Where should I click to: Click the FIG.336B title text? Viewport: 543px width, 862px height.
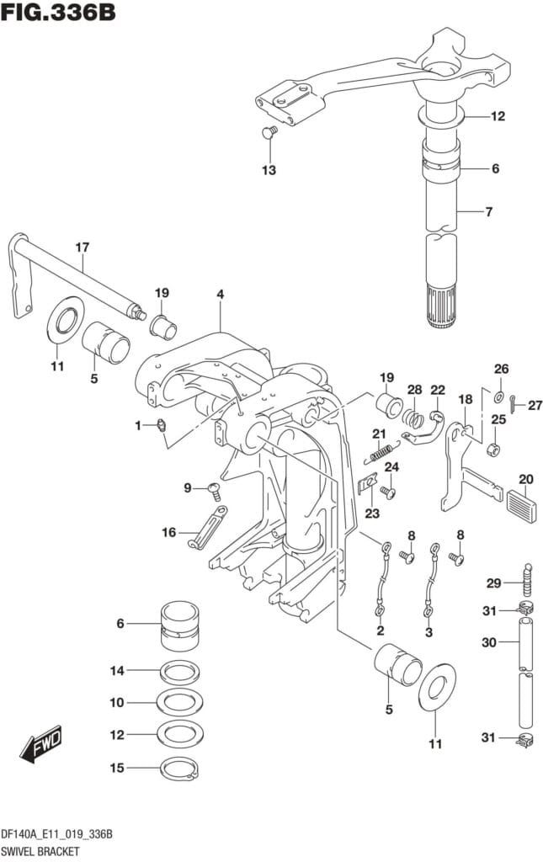coord(59,13)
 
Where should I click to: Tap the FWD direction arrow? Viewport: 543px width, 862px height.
coord(41,743)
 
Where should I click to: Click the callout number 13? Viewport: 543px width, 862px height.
coord(269,170)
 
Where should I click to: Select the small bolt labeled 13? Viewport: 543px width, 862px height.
coord(269,131)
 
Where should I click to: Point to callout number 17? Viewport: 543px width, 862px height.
coord(82,247)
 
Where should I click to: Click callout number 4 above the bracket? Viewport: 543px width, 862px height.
coord(220,295)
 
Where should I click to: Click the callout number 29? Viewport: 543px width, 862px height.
coord(494,583)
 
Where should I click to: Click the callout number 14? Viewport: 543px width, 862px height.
coord(117,671)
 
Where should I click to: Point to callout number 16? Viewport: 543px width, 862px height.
coord(168,531)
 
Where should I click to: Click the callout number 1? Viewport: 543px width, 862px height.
coord(138,426)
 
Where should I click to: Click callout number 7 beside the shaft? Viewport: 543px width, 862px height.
coord(488,211)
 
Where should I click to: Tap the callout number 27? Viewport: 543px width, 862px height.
coord(535,405)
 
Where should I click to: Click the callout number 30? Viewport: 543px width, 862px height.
coord(488,642)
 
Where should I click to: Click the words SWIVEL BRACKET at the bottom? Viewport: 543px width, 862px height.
coord(40,851)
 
